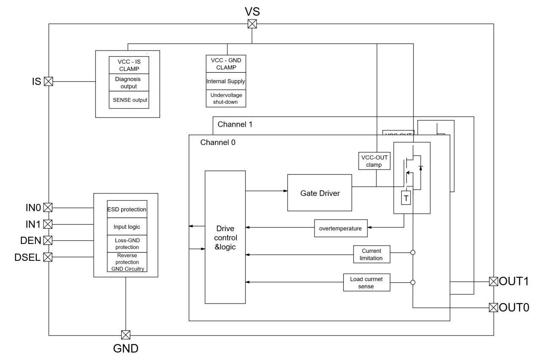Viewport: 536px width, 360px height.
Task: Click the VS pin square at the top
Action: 252,24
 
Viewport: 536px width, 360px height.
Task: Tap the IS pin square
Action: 49,81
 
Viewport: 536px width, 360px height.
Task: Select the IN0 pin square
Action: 49,207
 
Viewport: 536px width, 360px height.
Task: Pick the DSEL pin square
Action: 49,257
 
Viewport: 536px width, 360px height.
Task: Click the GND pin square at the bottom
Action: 125,335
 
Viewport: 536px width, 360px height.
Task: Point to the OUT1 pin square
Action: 493,281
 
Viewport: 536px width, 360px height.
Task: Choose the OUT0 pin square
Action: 493,307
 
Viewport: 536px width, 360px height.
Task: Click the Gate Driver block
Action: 319,192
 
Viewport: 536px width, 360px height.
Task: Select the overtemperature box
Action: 340,228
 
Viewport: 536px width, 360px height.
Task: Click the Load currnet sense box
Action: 366,282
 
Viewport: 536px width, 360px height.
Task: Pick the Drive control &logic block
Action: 225,237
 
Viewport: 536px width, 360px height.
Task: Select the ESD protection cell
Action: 127,209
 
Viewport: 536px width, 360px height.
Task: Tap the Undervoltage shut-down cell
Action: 226,98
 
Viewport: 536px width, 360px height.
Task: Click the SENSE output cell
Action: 129,100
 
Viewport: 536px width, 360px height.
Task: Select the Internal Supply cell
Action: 226,81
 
